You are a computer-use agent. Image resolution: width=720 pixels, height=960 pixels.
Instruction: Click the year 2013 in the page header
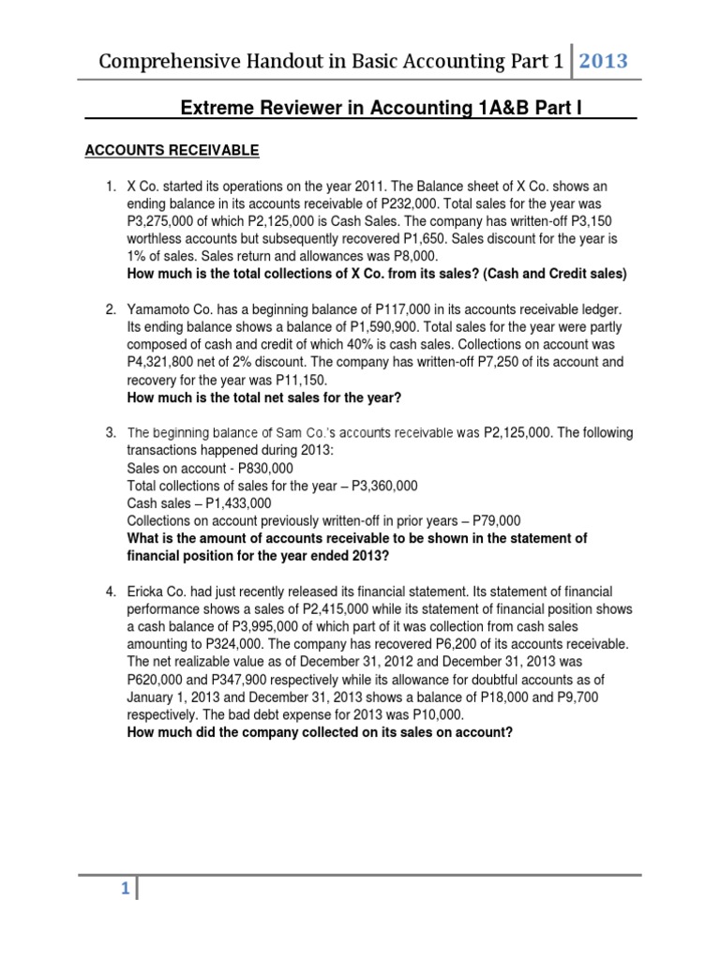point(603,62)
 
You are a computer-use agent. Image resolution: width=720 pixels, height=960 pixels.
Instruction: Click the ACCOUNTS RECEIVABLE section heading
point(172,150)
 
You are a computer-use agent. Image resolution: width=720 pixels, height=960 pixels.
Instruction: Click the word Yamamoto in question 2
point(163,308)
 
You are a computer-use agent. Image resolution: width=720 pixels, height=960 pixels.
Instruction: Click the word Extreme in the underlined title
point(213,110)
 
